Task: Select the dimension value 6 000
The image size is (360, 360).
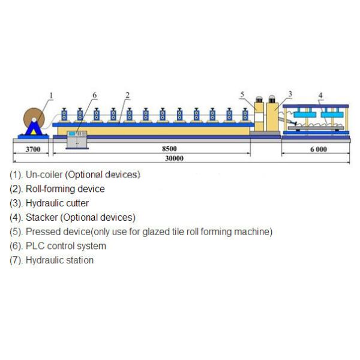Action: (x=319, y=149)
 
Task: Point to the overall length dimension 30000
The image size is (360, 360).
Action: (x=175, y=158)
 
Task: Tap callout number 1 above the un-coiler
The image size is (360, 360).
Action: (x=51, y=95)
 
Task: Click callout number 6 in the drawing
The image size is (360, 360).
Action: (x=94, y=95)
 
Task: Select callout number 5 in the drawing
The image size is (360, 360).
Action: (x=242, y=94)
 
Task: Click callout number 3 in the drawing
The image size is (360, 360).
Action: (x=290, y=94)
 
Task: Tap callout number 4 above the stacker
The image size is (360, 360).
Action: (x=320, y=95)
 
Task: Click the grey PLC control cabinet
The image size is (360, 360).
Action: (x=77, y=139)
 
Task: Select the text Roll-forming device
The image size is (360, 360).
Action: (x=65, y=189)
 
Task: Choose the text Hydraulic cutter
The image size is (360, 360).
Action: (x=57, y=203)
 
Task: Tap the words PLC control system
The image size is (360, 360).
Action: (x=66, y=246)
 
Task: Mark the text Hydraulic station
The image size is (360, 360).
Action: (x=59, y=260)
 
